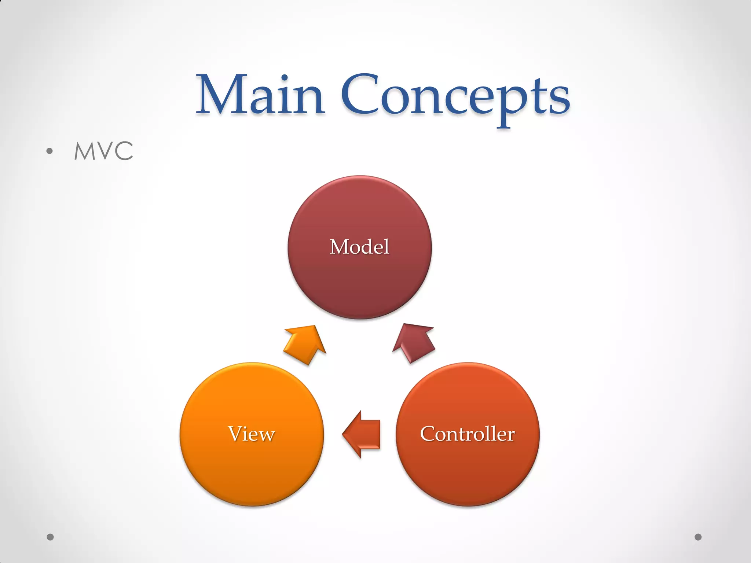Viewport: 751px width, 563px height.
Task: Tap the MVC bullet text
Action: (x=103, y=151)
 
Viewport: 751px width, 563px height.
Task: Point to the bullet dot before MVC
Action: (x=50, y=151)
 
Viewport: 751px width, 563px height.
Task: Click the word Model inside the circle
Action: (x=359, y=247)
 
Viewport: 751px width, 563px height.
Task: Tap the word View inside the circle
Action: (x=252, y=434)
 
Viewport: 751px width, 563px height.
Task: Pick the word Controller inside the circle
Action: (x=468, y=434)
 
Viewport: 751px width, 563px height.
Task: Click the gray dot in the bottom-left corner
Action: (x=50, y=537)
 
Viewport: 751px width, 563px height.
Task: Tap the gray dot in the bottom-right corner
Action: (x=698, y=537)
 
